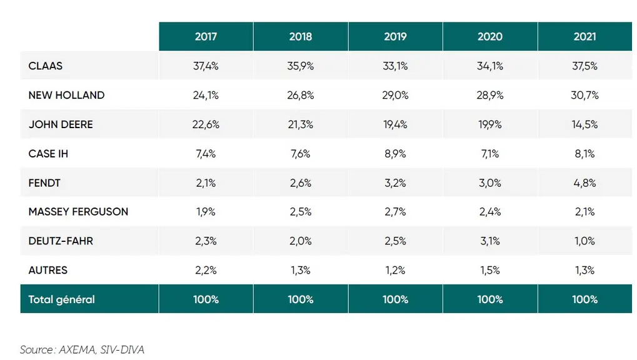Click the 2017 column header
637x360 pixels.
click(x=206, y=37)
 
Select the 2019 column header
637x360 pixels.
click(x=395, y=37)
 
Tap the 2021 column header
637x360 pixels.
click(x=584, y=37)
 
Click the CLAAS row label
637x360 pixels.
click(x=46, y=66)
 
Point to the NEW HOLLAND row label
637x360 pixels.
click(x=66, y=95)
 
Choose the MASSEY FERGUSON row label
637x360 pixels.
click(x=78, y=212)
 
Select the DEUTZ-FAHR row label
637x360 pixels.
click(x=61, y=241)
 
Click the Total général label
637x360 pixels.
click(x=61, y=299)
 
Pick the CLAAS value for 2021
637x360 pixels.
click(x=584, y=66)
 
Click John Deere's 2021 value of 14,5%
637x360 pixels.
click(x=584, y=124)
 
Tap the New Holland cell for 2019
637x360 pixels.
click(x=395, y=95)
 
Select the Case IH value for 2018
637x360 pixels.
click(x=301, y=154)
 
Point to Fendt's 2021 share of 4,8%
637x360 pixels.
click(x=584, y=183)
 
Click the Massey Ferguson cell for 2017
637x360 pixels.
click(x=206, y=212)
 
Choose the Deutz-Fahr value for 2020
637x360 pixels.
click(x=490, y=241)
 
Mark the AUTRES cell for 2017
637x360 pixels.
click(x=206, y=270)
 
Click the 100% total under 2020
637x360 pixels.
click(x=490, y=299)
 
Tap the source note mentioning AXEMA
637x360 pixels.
click(x=82, y=349)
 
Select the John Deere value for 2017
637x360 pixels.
click(x=206, y=124)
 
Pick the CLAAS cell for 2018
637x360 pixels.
click(x=301, y=66)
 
